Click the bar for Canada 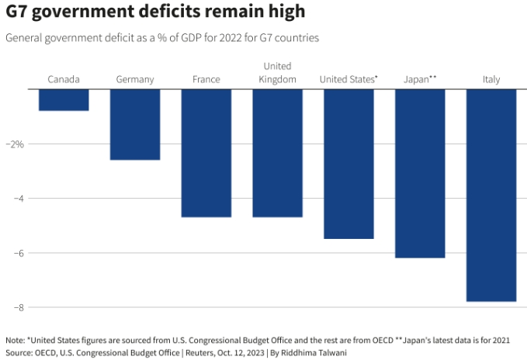(64, 100)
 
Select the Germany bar (135, 124)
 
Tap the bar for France (206, 153)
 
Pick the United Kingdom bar (277, 153)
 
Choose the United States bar (348, 164)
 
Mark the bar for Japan (420, 173)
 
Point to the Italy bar (491, 195)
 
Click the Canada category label (64, 79)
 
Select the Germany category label (135, 79)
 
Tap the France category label (206, 79)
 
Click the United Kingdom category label (277, 73)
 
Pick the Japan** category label (420, 79)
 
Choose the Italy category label (491, 79)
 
